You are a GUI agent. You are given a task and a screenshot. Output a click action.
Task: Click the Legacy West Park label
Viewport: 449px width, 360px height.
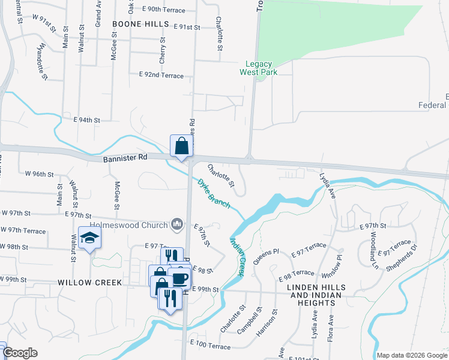click(256, 68)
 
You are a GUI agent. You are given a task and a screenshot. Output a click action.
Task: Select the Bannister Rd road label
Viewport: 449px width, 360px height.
click(125, 158)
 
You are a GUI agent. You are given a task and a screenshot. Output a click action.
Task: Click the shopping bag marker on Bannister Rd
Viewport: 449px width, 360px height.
click(181, 146)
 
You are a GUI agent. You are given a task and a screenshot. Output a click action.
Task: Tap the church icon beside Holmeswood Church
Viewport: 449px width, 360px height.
click(176, 224)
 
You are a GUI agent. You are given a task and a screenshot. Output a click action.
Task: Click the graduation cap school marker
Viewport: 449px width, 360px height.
click(89, 238)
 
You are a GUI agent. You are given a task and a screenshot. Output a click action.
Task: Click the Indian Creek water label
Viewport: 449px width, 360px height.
click(237, 257)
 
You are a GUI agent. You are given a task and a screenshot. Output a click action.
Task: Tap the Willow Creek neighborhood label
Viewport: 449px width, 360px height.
click(90, 282)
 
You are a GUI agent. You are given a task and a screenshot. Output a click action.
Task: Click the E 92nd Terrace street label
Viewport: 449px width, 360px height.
click(161, 75)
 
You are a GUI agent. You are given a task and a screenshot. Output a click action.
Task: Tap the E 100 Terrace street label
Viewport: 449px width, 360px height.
click(210, 346)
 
